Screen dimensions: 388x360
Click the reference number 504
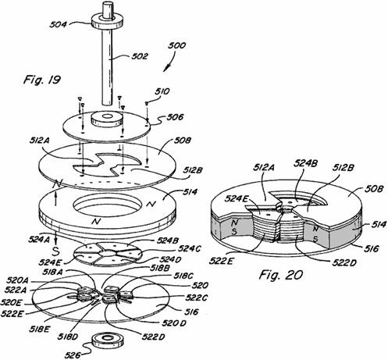coord(58,24)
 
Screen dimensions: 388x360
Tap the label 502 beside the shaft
coord(140,56)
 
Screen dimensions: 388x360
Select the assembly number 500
coord(177,45)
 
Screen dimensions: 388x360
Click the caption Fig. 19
coord(42,79)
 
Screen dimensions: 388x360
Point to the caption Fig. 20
coord(281,275)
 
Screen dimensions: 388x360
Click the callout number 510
coord(162,91)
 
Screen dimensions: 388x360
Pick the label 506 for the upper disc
coord(175,117)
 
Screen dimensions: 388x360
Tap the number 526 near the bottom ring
coord(73,355)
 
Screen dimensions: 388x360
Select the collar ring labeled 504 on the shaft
coord(107,21)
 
